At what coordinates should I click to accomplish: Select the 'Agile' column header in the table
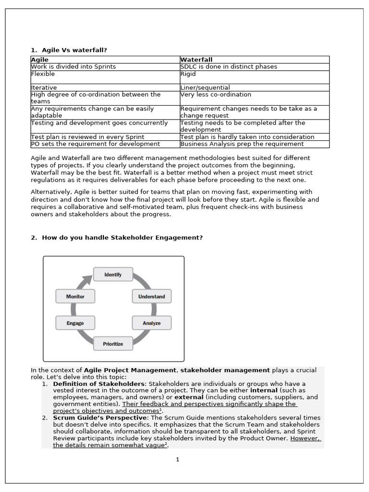pyautogui.click(x=40, y=60)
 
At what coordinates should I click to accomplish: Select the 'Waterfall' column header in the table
pyautogui.click(x=196, y=60)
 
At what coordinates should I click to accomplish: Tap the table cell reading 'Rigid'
pyautogui.click(x=188, y=74)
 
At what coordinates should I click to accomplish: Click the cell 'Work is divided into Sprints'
pyautogui.click(x=74, y=67)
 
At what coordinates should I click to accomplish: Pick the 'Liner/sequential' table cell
pyautogui.click(x=205, y=87)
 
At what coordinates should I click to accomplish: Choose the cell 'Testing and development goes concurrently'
pyautogui.click(x=99, y=123)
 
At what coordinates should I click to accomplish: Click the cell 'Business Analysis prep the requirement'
pyautogui.click(x=242, y=144)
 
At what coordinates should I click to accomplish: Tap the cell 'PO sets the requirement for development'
pyautogui.click(x=96, y=144)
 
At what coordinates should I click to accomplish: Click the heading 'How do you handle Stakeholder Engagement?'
pyautogui.click(x=123, y=237)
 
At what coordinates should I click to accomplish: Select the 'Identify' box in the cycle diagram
pyautogui.click(x=113, y=275)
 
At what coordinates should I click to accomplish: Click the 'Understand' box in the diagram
pyautogui.click(x=151, y=296)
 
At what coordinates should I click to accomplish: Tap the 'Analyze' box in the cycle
pyautogui.click(x=151, y=323)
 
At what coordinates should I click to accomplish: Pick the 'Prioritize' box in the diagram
pyautogui.click(x=113, y=344)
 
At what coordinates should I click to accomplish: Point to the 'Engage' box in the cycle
pyautogui.click(x=75, y=323)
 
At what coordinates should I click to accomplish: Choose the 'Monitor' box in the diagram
pyautogui.click(x=75, y=296)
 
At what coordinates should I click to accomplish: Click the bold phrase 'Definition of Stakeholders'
pyautogui.click(x=98, y=384)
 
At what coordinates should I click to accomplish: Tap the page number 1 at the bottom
pyautogui.click(x=177, y=459)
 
